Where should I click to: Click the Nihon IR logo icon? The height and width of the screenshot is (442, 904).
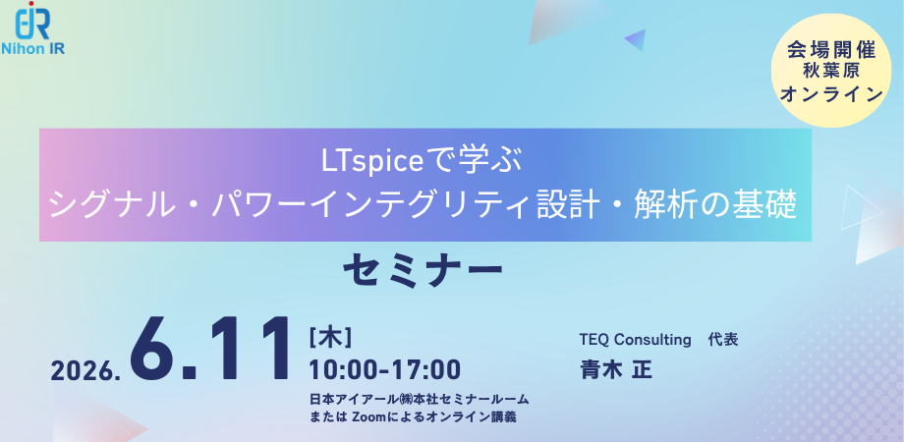click(x=32, y=21)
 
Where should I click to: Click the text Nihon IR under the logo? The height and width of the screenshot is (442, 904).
click(x=32, y=48)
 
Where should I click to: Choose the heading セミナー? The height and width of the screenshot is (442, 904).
click(x=423, y=272)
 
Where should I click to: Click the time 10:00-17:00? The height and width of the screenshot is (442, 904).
click(x=384, y=369)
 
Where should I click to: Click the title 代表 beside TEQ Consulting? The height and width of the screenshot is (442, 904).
click(x=723, y=340)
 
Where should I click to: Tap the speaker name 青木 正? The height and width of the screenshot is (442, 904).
click(x=616, y=368)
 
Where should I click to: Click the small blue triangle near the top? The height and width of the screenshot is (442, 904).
click(x=637, y=39)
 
